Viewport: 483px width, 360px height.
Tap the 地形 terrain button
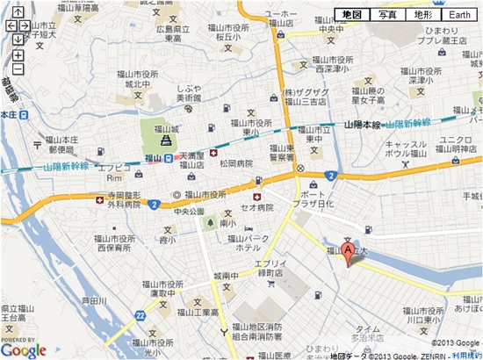(x=423, y=15)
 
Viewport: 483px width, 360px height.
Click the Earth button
(x=460, y=15)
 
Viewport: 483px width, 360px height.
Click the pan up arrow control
(x=18, y=12)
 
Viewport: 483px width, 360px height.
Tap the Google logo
(x=24, y=350)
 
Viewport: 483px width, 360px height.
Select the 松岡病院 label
(x=236, y=163)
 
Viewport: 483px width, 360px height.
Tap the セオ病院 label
(x=258, y=207)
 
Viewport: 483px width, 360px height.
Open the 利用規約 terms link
(x=466, y=355)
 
